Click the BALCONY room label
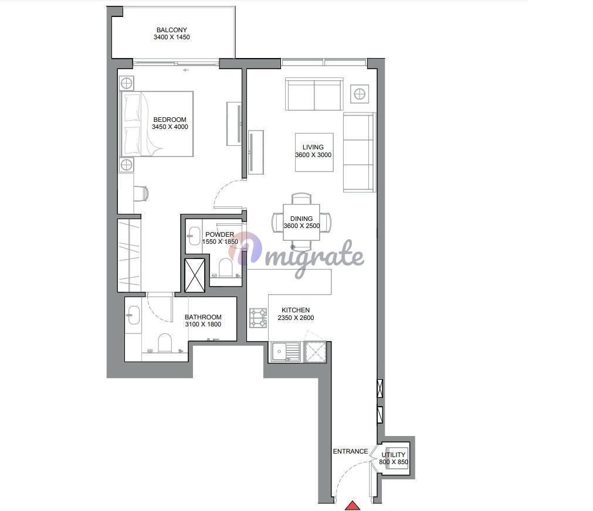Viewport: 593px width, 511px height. pyautogui.click(x=172, y=30)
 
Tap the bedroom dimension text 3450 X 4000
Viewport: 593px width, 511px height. pyautogui.click(x=170, y=127)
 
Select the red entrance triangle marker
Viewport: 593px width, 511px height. pyautogui.click(x=353, y=505)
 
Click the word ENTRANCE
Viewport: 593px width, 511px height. pyautogui.click(x=350, y=451)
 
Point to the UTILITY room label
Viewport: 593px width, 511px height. pyautogui.click(x=394, y=455)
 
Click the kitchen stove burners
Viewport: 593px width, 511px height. pyautogui.click(x=258, y=318)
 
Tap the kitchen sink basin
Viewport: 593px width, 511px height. pyautogui.click(x=279, y=352)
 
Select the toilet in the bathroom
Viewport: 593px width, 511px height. pyautogui.click(x=164, y=343)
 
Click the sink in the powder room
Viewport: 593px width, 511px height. pyautogui.click(x=194, y=236)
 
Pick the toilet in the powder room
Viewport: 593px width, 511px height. pyautogui.click(x=225, y=268)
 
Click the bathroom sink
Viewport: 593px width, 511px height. pyautogui.click(x=134, y=315)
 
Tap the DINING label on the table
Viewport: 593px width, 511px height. pyautogui.click(x=301, y=219)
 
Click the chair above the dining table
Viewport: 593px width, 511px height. pyautogui.click(x=301, y=199)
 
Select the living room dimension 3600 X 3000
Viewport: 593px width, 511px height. pyautogui.click(x=313, y=155)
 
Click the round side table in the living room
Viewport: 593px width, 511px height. pyautogui.click(x=360, y=93)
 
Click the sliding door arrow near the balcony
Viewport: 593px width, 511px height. pyautogui.click(x=185, y=70)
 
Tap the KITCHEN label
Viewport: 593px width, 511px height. pyautogui.click(x=296, y=311)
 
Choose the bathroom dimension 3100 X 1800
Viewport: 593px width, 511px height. pyautogui.click(x=203, y=324)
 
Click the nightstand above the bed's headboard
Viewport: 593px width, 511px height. pyautogui.click(x=126, y=83)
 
